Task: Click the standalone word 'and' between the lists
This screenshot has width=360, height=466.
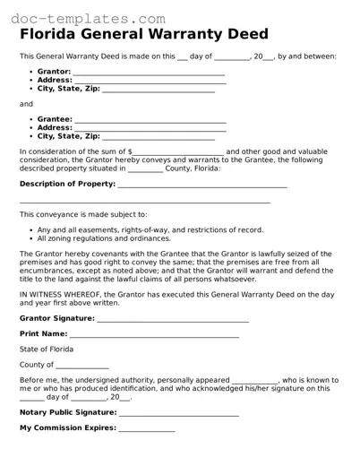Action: (x=26, y=104)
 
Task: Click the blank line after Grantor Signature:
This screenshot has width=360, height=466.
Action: (x=172, y=318)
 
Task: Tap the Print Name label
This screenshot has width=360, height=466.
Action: (x=43, y=333)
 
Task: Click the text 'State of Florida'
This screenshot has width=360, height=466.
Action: (x=47, y=349)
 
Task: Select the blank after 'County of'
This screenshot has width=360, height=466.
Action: (x=82, y=366)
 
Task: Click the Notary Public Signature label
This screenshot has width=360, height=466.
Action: (x=68, y=412)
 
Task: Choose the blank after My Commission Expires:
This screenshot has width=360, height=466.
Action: (x=147, y=428)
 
